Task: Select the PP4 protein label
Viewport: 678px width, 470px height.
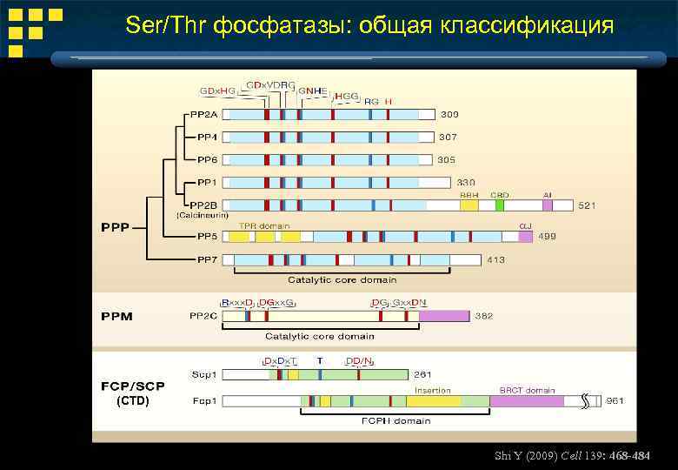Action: pyautogui.click(x=206, y=137)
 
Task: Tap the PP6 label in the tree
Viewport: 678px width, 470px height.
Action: pyautogui.click(x=206, y=159)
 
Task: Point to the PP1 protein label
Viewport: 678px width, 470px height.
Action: pyautogui.click(x=206, y=182)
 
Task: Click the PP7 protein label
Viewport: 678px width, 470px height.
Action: pyautogui.click(x=206, y=259)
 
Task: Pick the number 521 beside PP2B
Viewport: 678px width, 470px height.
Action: pyautogui.click(x=587, y=205)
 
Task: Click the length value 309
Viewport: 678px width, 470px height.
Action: pyautogui.click(x=449, y=114)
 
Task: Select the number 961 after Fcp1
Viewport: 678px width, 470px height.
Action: pyautogui.click(x=615, y=401)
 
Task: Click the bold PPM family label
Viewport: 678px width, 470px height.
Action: pyautogui.click(x=115, y=316)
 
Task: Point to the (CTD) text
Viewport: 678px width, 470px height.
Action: pyautogui.click(x=132, y=401)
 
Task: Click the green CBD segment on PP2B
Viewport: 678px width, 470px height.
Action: pyautogui.click(x=500, y=205)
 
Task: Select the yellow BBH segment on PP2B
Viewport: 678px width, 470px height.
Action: pyautogui.click(x=469, y=205)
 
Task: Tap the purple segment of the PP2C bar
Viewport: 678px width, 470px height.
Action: pyautogui.click(x=444, y=316)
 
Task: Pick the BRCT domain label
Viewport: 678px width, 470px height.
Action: pyautogui.click(x=526, y=391)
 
